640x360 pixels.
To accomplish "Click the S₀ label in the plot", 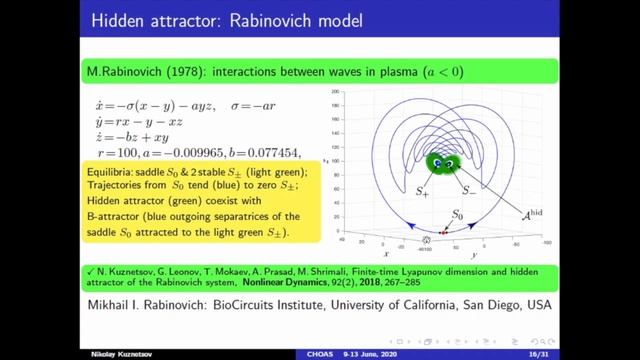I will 458,214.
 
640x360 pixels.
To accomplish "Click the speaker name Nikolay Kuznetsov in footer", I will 41,353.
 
